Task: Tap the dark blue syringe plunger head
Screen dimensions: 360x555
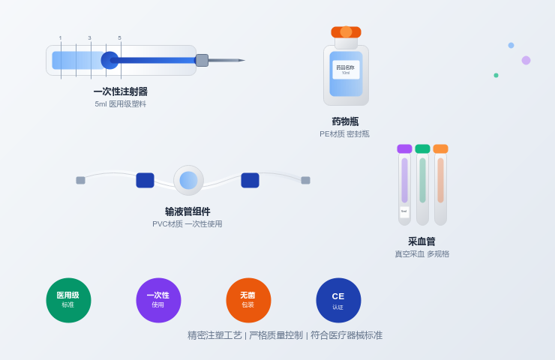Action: pos(109,60)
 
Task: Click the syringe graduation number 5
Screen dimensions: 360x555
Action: pos(119,37)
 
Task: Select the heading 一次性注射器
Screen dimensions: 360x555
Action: pos(120,91)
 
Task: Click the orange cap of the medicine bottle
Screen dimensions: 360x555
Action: pos(346,32)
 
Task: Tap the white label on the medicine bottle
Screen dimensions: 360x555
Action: pos(346,70)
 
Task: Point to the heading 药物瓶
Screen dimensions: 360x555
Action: pos(345,121)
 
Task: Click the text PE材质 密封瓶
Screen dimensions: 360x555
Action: pos(344,134)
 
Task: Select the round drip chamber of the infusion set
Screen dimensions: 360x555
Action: pos(188,180)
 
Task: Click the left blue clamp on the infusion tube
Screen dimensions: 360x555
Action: pos(145,180)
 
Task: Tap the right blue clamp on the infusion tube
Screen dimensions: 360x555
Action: pos(250,180)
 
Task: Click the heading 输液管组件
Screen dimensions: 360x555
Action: pos(187,211)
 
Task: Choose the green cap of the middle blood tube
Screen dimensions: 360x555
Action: pos(422,148)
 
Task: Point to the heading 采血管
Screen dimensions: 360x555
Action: pos(421,241)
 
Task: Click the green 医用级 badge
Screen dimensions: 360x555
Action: pos(68,300)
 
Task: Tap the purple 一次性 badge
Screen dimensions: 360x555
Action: pos(158,300)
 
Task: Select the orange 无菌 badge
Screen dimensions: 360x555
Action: pos(248,300)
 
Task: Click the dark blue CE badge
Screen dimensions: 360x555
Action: pos(338,300)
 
